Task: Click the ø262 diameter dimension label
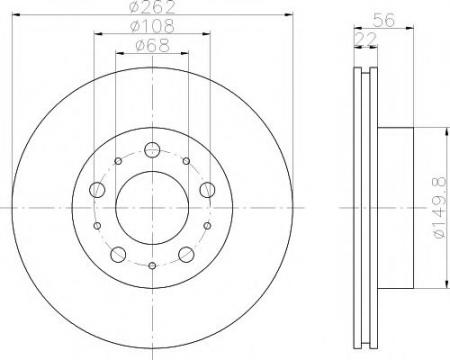(x=153, y=7)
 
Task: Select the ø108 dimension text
(x=152, y=26)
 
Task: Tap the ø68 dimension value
(x=153, y=45)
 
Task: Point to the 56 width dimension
(x=384, y=20)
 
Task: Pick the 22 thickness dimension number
(x=366, y=39)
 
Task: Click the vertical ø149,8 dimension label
(x=440, y=208)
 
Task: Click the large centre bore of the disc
(x=152, y=208)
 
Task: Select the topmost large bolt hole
(x=152, y=150)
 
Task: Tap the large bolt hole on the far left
(x=97, y=190)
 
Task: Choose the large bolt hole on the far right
(x=208, y=190)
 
